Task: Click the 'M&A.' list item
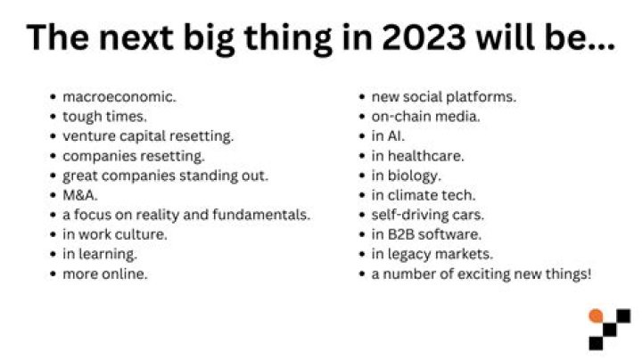(80, 195)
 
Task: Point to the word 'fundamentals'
(264, 215)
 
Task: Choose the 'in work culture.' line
(115, 234)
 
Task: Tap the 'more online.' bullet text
(104, 274)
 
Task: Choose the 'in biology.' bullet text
(407, 176)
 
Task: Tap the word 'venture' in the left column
(88, 135)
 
